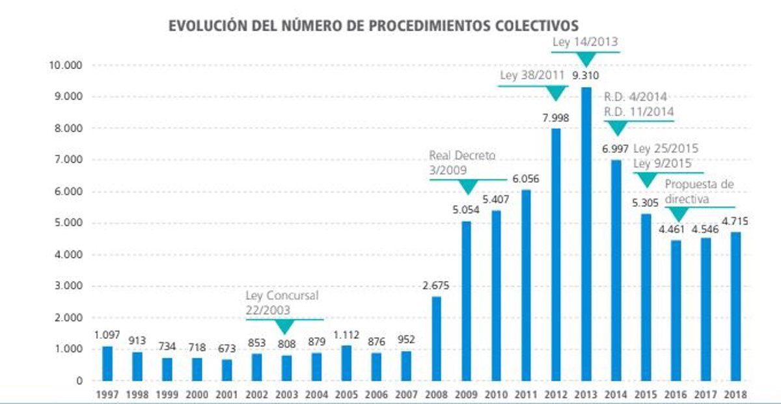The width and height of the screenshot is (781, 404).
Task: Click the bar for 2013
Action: click(x=586, y=234)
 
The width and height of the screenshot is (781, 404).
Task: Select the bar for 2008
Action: click(x=436, y=338)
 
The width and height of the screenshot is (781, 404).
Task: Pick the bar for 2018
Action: click(x=735, y=306)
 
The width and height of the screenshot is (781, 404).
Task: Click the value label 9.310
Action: click(x=586, y=77)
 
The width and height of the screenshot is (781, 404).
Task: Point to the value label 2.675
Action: click(x=436, y=286)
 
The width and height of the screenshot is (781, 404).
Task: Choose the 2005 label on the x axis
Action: click(x=347, y=394)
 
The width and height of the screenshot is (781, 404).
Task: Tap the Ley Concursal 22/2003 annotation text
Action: click(x=282, y=303)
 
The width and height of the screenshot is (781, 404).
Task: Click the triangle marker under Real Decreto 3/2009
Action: click(x=468, y=187)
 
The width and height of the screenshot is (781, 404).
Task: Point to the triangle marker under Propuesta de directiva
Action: click(x=678, y=214)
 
